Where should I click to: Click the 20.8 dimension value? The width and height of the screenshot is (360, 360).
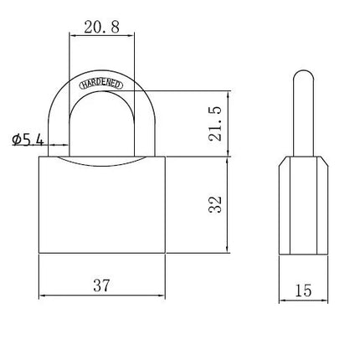coord(102,27)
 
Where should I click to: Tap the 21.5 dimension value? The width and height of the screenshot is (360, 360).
coord(215,123)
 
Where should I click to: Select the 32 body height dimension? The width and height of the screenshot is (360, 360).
coord(215,204)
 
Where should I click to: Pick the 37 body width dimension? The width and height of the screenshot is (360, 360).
coord(101,285)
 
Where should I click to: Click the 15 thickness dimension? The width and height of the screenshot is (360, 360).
coord(303,291)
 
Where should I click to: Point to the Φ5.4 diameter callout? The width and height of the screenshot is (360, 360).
coord(28,140)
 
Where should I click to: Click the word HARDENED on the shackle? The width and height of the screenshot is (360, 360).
coord(101,85)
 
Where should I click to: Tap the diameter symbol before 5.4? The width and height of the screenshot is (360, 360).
coord(16,140)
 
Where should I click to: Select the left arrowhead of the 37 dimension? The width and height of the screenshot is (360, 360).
coord(42,295)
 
